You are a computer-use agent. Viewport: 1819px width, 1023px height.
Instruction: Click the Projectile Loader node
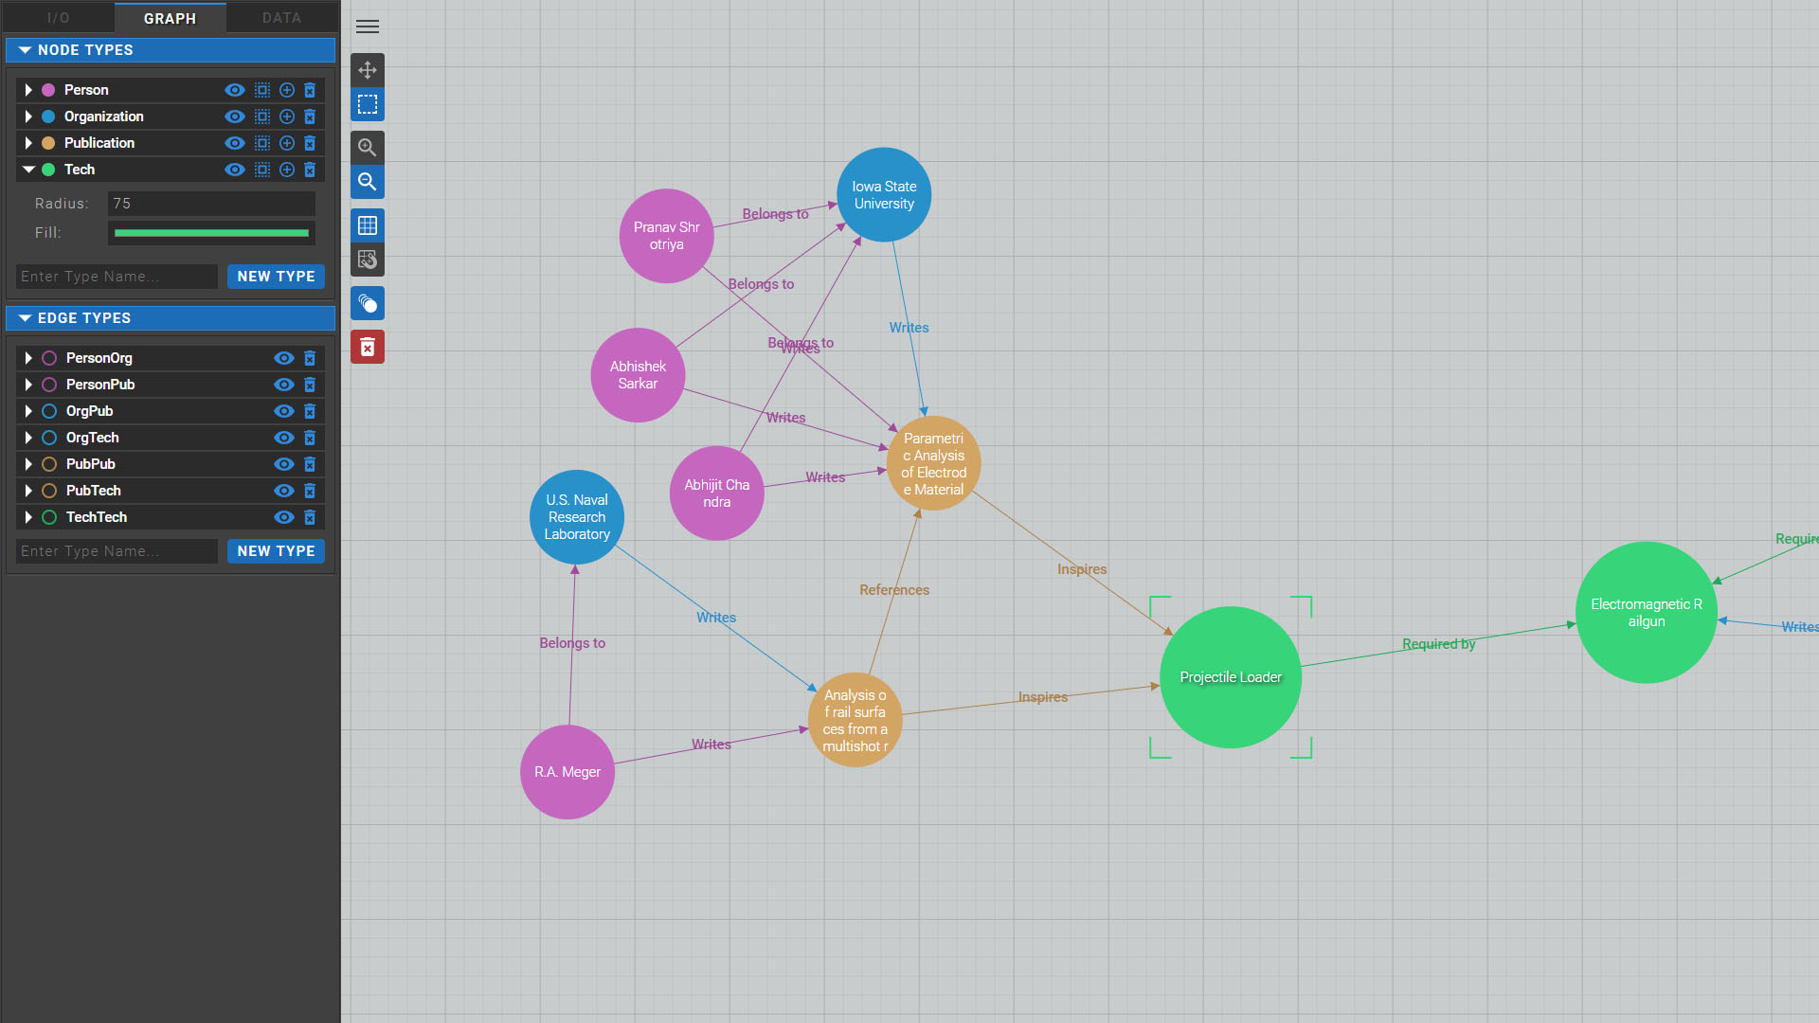1230,677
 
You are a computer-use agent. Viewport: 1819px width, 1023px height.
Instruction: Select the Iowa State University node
884,195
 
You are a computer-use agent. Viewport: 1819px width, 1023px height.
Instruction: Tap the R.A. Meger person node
567,772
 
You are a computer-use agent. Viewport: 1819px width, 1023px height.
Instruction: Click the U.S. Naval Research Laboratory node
577,517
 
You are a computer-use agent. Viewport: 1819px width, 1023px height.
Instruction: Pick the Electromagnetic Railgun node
1647,613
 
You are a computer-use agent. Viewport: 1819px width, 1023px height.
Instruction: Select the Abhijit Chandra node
717,494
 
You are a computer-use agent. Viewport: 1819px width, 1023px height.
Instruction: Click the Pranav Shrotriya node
667,236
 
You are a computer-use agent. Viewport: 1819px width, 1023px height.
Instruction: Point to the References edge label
894,590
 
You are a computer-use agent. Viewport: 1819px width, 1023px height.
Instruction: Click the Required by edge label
1438,644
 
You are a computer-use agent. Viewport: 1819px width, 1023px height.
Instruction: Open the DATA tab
281,18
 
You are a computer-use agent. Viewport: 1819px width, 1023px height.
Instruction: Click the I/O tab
58,18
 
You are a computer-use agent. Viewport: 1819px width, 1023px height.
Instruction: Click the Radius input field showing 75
211,204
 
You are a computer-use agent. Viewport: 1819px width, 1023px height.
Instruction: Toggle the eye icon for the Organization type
235,117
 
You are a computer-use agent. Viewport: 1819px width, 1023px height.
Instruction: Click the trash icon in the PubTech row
310,491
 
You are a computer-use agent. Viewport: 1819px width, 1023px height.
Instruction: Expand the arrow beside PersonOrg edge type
28,358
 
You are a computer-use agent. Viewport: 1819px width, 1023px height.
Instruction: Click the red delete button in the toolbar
368,348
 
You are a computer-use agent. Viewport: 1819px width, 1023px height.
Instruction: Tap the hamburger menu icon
368,27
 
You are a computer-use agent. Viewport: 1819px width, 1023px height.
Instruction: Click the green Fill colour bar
211,233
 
